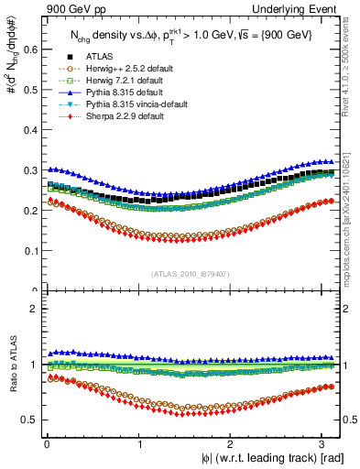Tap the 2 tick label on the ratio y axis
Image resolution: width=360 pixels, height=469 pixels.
(33, 309)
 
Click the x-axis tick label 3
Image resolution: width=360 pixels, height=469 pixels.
(323, 443)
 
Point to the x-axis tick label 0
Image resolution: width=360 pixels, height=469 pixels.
(46, 443)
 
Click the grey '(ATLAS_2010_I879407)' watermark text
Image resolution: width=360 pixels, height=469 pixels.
(191, 273)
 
